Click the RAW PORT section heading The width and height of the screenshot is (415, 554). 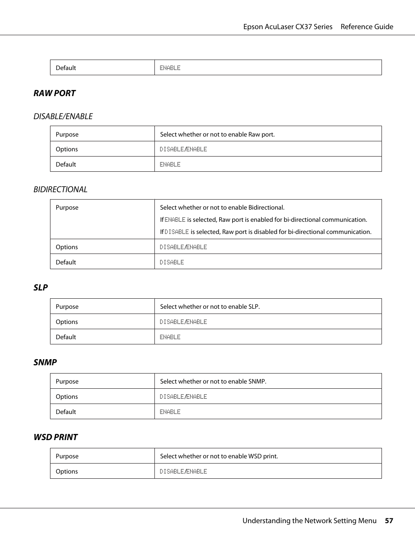(54, 93)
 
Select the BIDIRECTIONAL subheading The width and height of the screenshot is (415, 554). (60, 190)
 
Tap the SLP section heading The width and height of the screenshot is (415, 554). (40, 287)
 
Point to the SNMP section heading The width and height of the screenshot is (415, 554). (45, 362)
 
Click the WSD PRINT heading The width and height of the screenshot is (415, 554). (56, 437)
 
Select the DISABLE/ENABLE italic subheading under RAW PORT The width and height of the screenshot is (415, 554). (63, 117)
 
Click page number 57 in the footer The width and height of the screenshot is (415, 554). (389, 521)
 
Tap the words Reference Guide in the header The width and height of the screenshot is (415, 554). (367, 27)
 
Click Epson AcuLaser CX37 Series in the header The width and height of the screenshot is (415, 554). (288, 27)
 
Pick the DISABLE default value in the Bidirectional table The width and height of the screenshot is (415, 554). (172, 262)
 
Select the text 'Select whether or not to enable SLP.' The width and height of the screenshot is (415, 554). (210, 307)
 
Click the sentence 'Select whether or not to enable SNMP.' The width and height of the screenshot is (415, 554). (213, 381)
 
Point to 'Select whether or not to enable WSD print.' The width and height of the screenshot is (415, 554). (219, 456)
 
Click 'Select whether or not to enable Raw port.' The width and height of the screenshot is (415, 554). (217, 134)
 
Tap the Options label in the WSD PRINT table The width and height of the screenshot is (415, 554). (67, 471)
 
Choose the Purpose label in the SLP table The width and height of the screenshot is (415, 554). (67, 307)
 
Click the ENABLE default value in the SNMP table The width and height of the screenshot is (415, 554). (170, 412)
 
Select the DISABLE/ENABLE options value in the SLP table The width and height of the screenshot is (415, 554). (183, 322)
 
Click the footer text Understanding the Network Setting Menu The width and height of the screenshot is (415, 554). (309, 521)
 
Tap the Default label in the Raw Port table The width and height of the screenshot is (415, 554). (66, 164)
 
